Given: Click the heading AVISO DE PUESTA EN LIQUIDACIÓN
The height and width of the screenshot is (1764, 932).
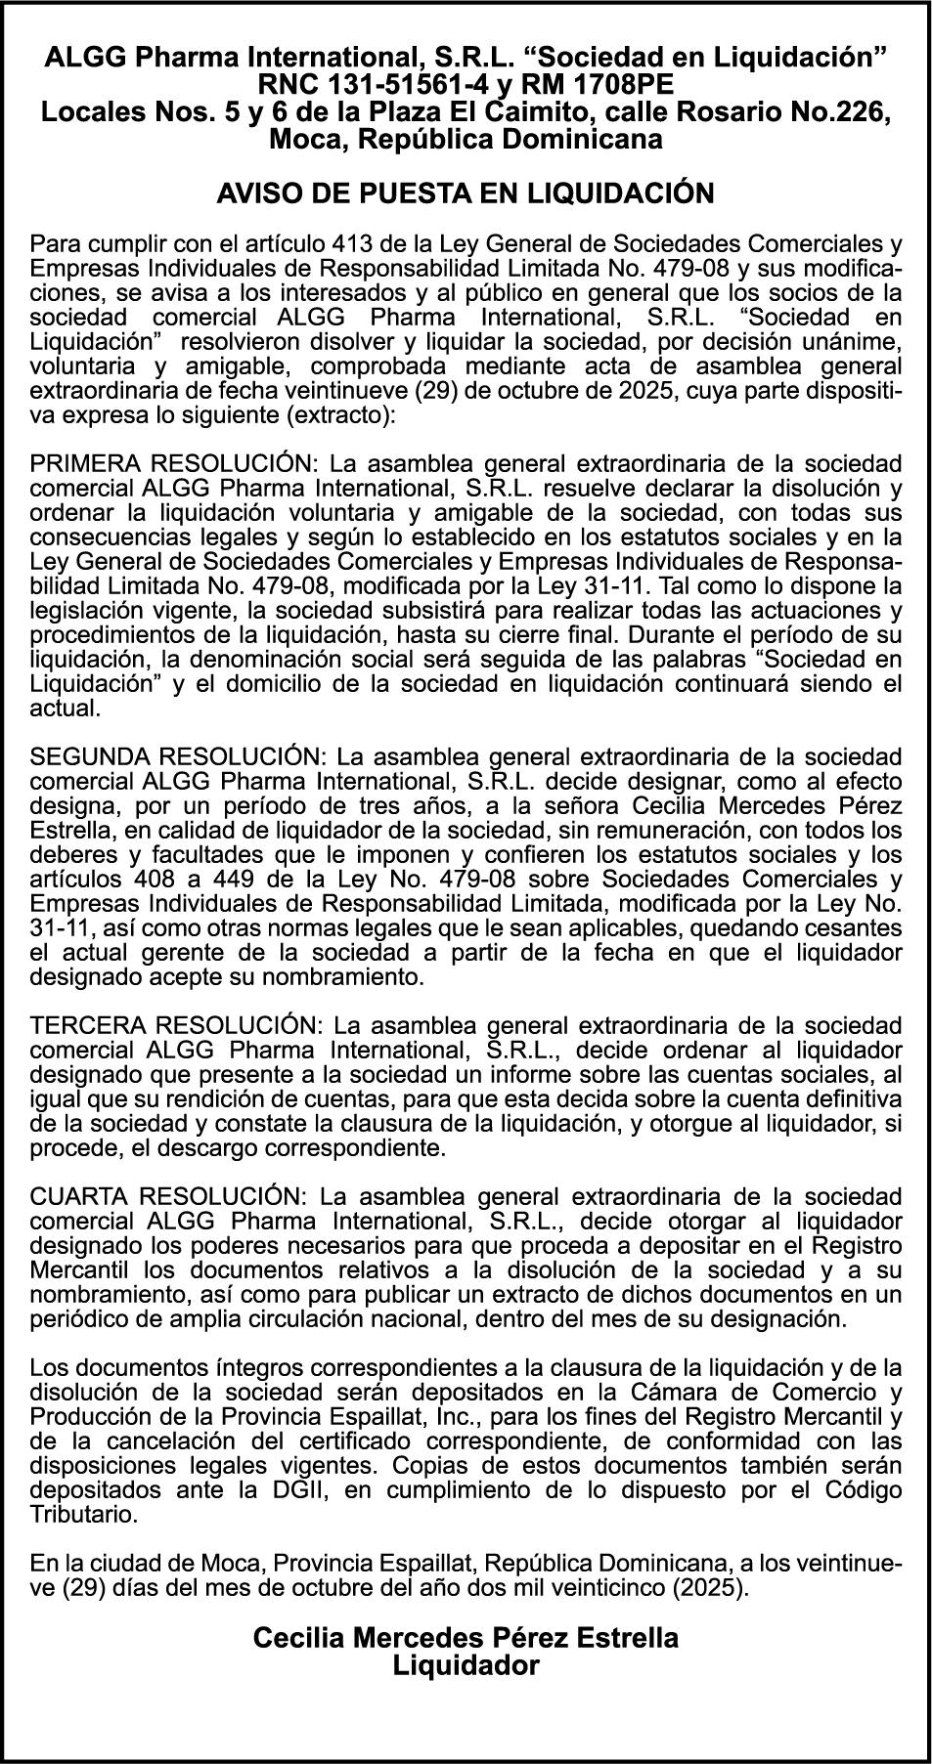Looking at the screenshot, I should tap(466, 193).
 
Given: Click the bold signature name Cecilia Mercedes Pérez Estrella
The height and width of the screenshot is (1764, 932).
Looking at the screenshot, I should tap(466, 1638).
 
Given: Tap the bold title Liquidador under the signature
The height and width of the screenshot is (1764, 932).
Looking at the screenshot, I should tap(466, 1665).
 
